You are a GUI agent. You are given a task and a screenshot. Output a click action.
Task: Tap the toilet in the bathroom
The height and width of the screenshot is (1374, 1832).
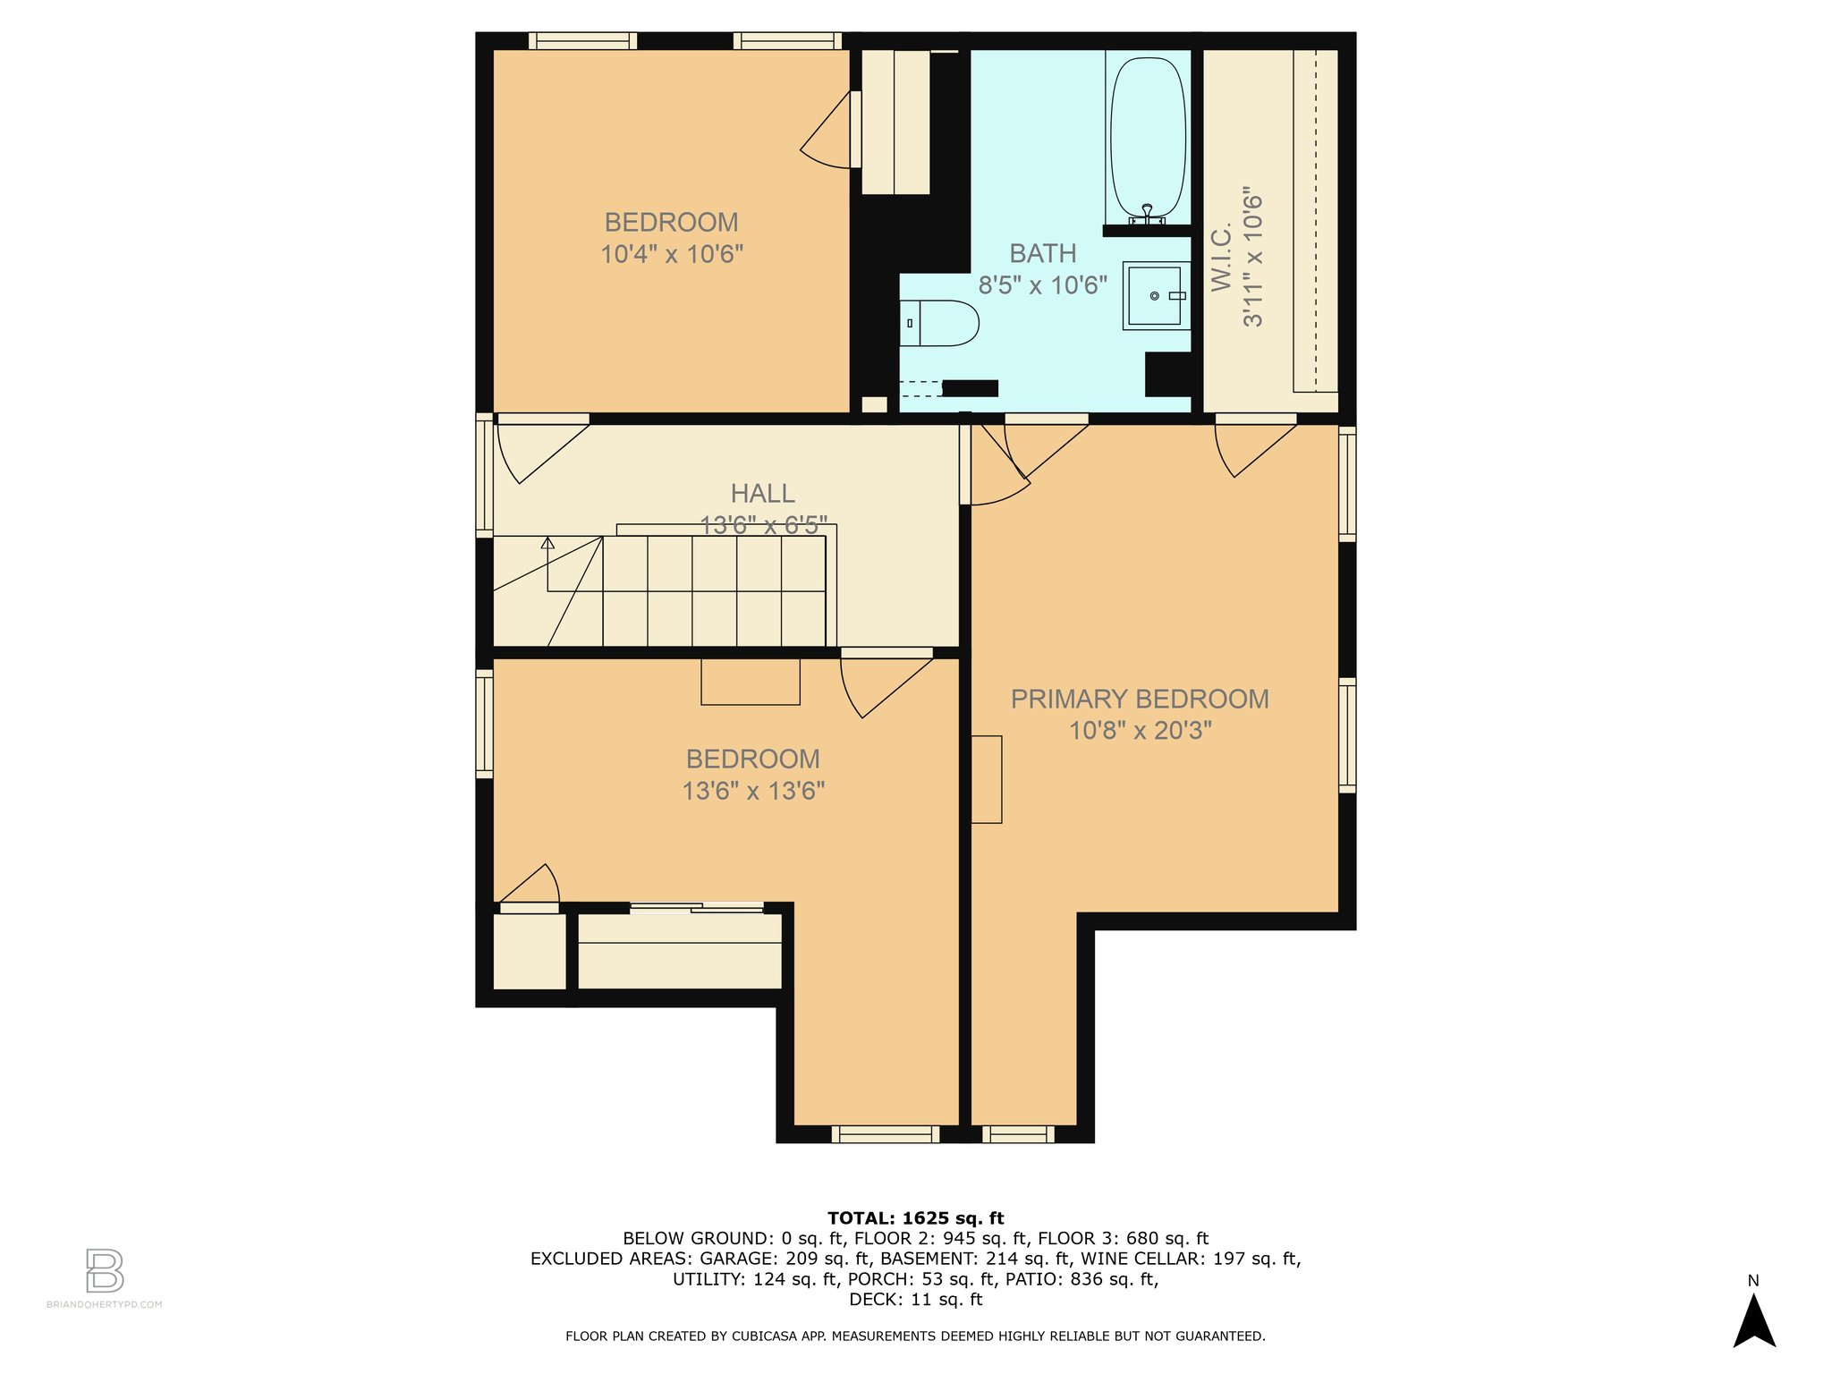point(939,323)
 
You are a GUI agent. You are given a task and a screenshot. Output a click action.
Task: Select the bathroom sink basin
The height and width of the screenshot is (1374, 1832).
point(1154,295)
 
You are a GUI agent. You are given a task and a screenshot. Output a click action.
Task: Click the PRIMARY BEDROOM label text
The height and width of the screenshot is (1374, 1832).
point(1140,699)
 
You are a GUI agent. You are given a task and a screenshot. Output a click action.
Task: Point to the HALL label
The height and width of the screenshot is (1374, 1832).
point(762,493)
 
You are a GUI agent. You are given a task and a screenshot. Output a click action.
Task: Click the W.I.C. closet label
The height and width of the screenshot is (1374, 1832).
point(1222,258)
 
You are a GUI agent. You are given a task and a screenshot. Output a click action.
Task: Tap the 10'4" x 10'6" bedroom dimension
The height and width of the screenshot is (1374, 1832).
point(672,254)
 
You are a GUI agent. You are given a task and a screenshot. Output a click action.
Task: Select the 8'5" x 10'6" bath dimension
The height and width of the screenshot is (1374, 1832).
point(1042,285)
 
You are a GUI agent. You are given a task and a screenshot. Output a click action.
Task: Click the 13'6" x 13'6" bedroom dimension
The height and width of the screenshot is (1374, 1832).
point(753,791)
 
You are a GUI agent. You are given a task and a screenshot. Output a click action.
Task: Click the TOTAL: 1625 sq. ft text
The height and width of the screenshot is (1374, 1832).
point(915,1217)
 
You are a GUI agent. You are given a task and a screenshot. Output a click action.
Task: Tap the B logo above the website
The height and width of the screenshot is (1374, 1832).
point(105,1270)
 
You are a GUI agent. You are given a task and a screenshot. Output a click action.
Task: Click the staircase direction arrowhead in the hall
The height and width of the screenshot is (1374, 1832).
point(547,542)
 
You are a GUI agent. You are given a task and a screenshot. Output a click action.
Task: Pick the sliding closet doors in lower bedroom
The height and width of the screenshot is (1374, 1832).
point(697,908)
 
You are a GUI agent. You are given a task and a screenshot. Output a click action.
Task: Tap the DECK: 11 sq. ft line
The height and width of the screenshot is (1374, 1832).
point(915,1300)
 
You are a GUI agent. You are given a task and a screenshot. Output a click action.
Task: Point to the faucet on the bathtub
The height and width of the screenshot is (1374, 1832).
point(1147,214)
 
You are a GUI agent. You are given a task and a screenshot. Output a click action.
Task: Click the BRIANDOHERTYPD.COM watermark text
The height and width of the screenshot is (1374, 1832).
point(105,1304)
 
